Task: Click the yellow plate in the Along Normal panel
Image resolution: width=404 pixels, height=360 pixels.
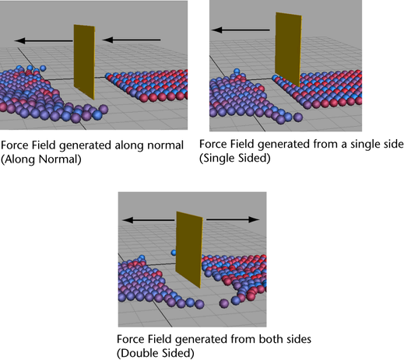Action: click(x=84, y=61)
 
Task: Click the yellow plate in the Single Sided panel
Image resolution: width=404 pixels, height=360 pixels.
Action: click(x=288, y=49)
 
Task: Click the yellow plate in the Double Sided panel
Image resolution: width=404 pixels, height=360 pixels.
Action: click(x=189, y=250)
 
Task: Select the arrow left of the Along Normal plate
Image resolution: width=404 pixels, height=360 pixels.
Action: click(x=44, y=40)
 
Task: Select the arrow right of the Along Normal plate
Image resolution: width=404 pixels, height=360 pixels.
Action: click(x=132, y=40)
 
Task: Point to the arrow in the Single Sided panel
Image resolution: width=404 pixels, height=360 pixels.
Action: click(x=241, y=30)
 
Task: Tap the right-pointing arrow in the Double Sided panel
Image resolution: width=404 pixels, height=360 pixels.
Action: click(x=233, y=220)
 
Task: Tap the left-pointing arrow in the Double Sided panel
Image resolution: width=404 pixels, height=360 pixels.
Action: click(x=149, y=220)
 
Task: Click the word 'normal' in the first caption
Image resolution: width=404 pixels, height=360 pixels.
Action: click(x=165, y=145)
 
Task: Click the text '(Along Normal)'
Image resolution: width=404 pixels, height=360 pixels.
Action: click(x=41, y=159)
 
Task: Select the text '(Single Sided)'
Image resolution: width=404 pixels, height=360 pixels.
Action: click(x=235, y=158)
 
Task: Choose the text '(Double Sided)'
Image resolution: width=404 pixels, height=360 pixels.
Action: click(x=156, y=353)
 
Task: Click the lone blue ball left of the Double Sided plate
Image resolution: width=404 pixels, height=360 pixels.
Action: click(x=174, y=253)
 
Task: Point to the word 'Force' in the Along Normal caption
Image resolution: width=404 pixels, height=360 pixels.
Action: click(x=15, y=145)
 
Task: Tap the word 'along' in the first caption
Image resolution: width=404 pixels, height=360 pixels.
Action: click(x=129, y=145)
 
